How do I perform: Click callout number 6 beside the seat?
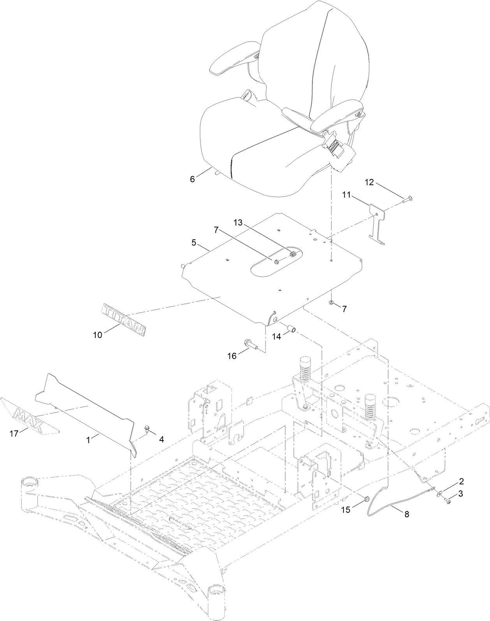point(192,179)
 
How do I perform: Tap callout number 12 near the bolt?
point(369,182)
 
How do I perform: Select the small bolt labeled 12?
point(408,200)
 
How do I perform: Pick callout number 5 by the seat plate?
point(194,242)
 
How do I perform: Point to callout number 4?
point(161,439)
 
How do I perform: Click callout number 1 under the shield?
point(88,439)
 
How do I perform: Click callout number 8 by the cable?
point(407,514)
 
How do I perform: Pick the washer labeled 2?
point(439,494)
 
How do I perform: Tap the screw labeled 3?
point(448,503)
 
